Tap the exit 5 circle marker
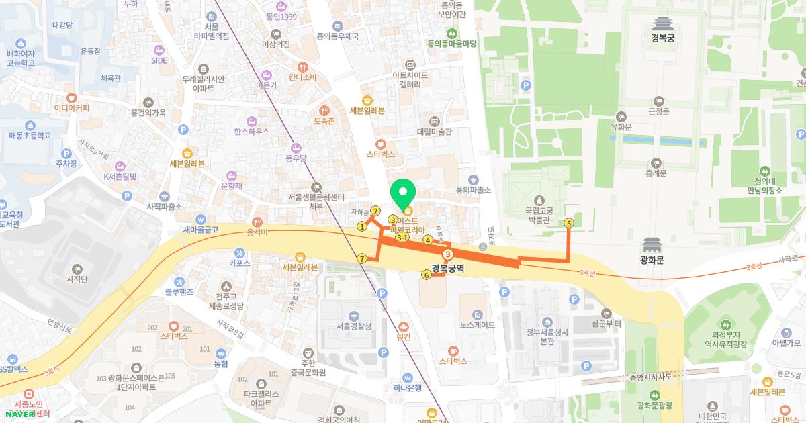pyautogui.click(x=569, y=223)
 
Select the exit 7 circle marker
pyautogui.click(x=362, y=259)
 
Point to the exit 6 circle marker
pyautogui.click(x=426, y=275)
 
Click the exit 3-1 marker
pyautogui.click(x=402, y=238)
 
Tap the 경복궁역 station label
pyautogui.click(x=448, y=268)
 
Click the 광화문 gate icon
pyautogui.click(x=652, y=246)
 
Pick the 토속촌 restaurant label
pyautogui.click(x=324, y=121)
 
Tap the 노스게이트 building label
pyautogui.click(x=477, y=325)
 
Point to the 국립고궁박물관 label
pyautogui.click(x=537, y=215)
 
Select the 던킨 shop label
pyautogui.click(x=403, y=338)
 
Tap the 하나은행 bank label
pyautogui.click(x=407, y=387)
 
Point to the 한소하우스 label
pyautogui.click(x=252, y=131)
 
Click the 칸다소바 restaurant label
pyautogui.click(x=303, y=77)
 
